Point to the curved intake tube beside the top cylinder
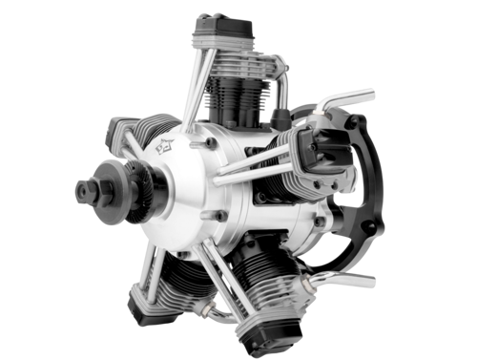pyautogui.click(x=281, y=86)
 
